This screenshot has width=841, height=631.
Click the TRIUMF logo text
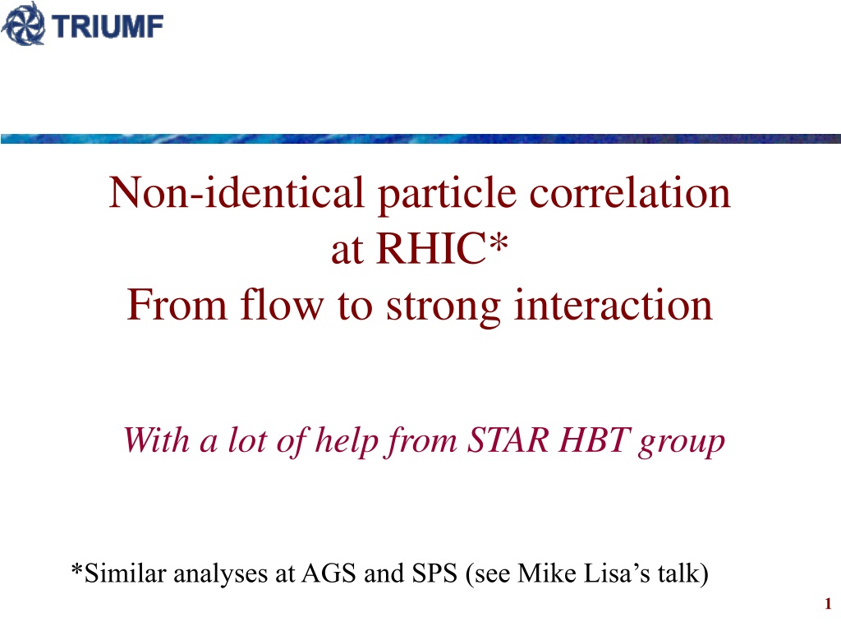click(x=108, y=26)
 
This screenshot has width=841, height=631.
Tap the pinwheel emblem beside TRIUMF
click(x=23, y=24)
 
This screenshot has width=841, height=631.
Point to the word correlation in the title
click(x=630, y=192)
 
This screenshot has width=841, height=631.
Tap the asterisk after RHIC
click(x=498, y=242)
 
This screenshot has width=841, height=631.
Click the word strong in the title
click(x=443, y=307)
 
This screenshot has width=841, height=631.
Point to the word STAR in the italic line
click(x=508, y=440)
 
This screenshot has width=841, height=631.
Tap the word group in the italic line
click(x=681, y=444)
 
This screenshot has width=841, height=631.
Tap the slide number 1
click(x=828, y=604)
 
